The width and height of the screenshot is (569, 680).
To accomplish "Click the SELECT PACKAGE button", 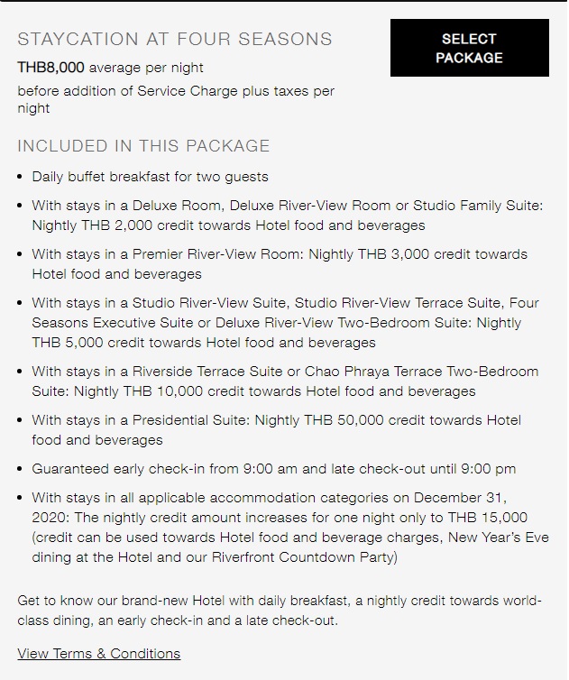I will [469, 49].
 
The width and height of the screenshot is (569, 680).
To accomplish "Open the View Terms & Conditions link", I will [99, 654].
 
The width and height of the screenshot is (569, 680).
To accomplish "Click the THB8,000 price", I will [51, 68].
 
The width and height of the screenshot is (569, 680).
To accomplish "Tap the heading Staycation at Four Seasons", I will [175, 40].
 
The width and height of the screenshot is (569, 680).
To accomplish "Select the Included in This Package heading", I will [143, 146].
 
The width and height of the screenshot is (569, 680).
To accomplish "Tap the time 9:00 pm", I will [486, 469].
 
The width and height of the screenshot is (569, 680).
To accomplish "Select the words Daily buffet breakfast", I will [101, 177].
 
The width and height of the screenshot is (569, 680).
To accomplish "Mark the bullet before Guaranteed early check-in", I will [21, 469].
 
